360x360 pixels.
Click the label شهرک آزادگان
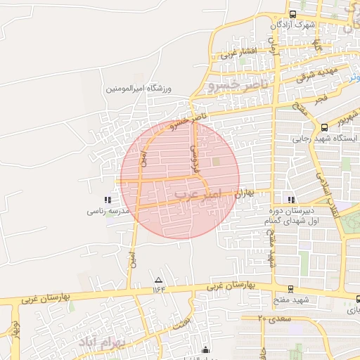pyautogui.click(x=292, y=25)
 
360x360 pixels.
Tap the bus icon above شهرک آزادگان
pyautogui.click(x=292, y=13)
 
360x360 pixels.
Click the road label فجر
pyautogui.click(x=321, y=100)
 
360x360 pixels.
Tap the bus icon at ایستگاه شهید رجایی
pyautogui.click(x=324, y=127)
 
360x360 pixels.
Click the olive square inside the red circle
pyautogui.click(x=216, y=163)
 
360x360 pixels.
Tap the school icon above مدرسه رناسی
pyautogui.click(x=107, y=200)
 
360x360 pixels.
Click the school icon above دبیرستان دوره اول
pyautogui.click(x=290, y=200)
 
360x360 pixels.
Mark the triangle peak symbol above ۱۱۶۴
pyautogui.click(x=157, y=280)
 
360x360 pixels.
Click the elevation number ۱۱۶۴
pyautogui.click(x=157, y=289)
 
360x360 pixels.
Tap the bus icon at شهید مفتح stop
pyautogui.click(x=290, y=289)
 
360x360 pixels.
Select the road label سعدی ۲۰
pyautogui.click(x=271, y=319)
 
